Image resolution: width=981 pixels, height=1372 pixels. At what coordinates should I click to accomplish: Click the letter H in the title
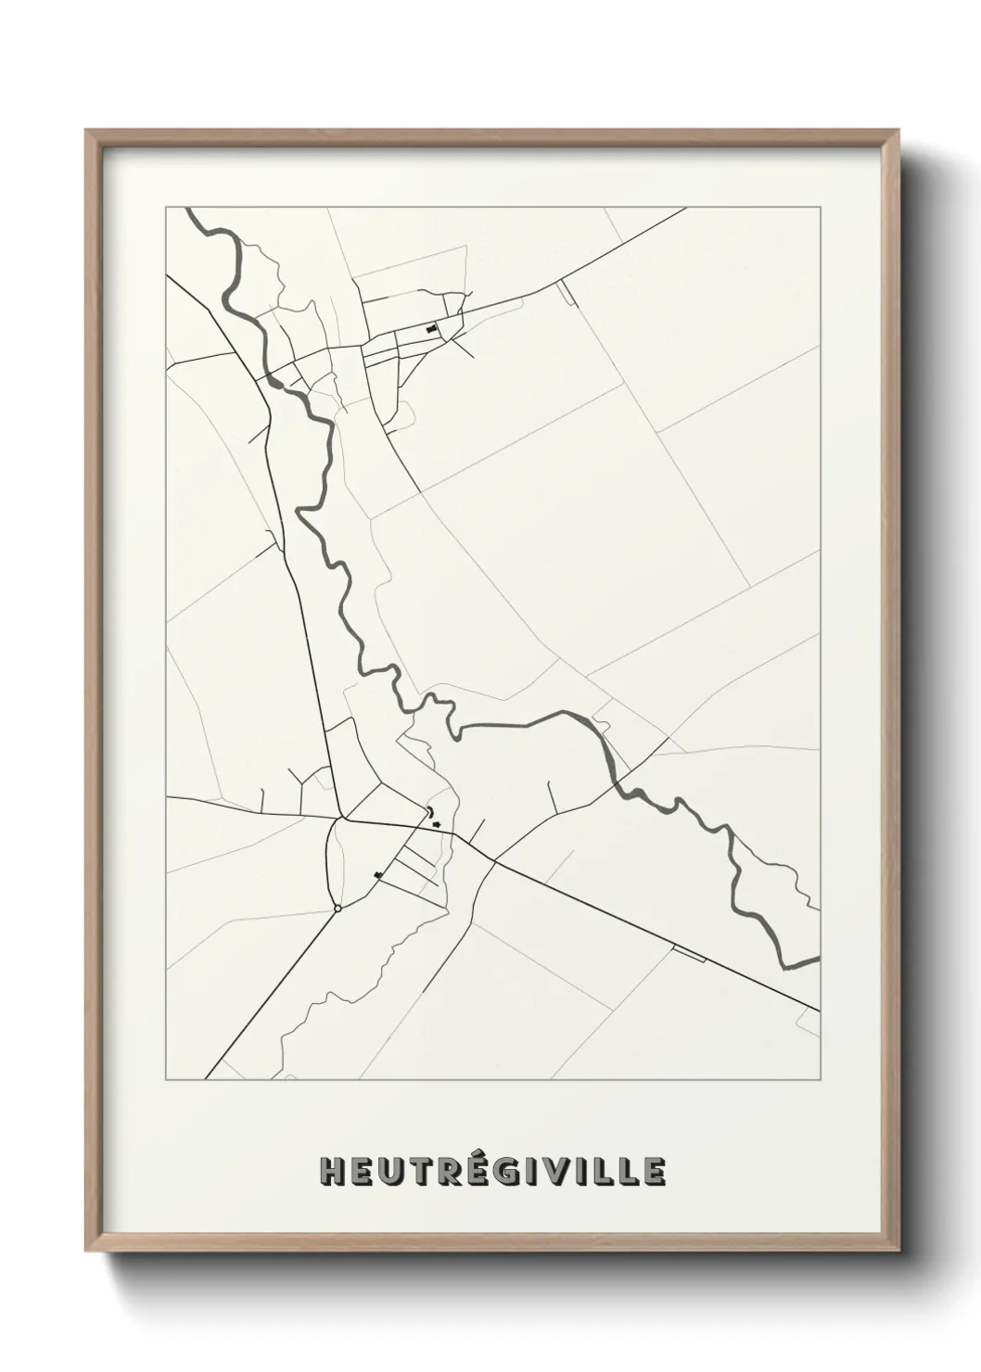pos(331,1171)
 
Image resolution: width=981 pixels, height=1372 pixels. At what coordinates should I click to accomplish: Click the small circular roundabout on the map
pos(338,908)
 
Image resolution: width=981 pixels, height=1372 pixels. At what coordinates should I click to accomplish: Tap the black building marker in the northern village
pos(431,329)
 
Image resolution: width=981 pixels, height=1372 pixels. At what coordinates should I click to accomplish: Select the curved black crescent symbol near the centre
pos(430,813)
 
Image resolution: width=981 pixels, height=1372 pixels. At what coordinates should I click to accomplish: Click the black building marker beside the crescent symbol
pos(437,822)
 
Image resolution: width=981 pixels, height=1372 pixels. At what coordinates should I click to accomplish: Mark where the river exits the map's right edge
pos(817,960)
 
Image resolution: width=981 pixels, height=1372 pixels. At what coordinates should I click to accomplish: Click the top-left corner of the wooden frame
pos(86,131)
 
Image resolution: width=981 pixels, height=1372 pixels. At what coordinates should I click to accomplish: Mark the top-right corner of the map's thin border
pos(820,208)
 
